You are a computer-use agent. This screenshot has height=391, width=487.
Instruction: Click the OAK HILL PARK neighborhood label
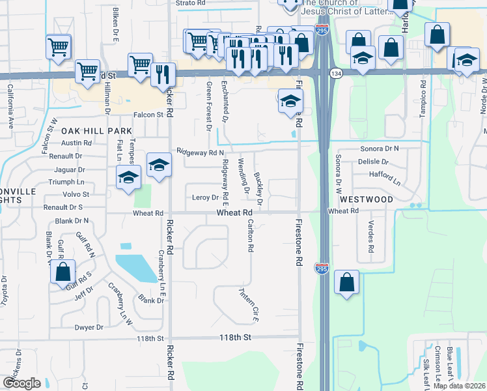(96, 131)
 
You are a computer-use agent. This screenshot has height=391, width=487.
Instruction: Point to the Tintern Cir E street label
(249, 305)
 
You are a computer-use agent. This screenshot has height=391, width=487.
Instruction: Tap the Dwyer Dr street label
(89, 327)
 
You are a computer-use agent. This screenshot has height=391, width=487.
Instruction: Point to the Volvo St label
(76, 194)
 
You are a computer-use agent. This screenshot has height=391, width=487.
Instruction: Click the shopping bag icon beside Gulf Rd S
(63, 273)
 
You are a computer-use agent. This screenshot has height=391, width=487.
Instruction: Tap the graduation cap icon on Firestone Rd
(291, 101)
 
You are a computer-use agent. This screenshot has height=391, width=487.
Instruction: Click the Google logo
(22, 383)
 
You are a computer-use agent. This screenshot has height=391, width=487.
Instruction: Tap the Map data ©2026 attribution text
(460, 386)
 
